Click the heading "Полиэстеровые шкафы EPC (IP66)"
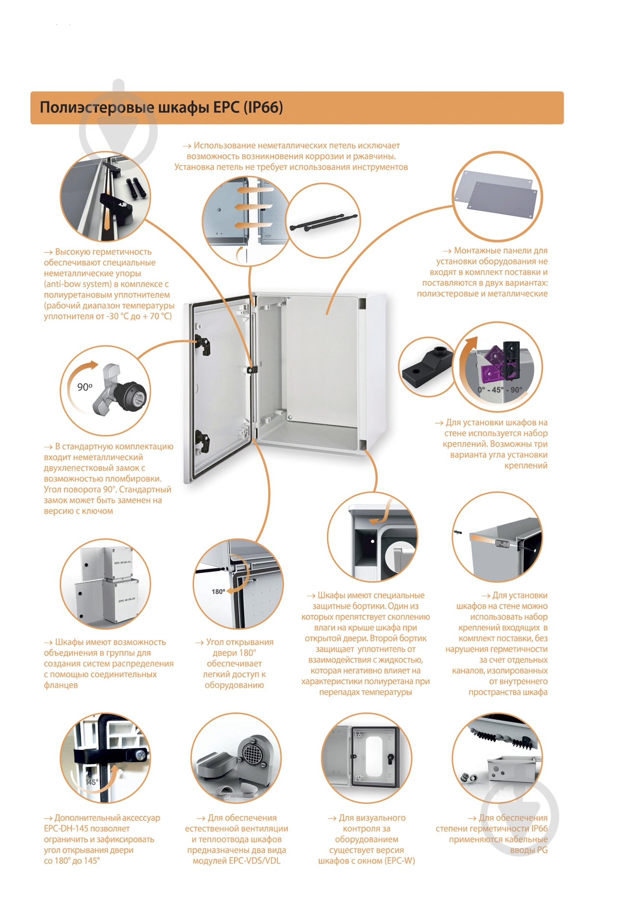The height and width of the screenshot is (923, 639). point(161,107)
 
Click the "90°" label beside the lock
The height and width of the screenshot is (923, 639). point(85,387)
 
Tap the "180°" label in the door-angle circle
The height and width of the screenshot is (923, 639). point(218,591)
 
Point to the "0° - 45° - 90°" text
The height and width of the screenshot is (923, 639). point(500,389)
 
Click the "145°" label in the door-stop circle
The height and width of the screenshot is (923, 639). point(91,782)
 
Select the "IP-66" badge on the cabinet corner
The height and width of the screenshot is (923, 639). point(502,544)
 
